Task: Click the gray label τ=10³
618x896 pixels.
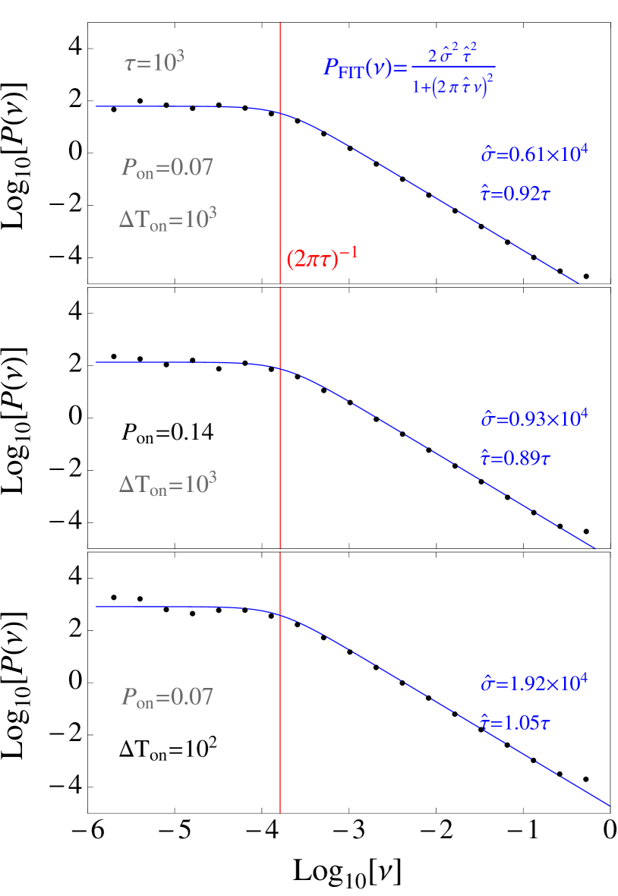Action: coord(154,63)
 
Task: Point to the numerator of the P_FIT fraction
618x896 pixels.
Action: coord(452,55)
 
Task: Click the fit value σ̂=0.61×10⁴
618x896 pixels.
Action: coord(534,154)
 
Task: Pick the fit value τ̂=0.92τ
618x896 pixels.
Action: coord(515,194)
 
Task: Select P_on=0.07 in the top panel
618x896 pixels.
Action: coord(167,167)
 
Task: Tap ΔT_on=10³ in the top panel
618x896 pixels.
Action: coord(168,220)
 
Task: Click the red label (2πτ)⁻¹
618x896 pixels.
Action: coord(322,258)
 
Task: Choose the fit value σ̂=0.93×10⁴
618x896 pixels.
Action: coord(534,418)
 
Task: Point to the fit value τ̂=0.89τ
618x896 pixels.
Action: coord(514,458)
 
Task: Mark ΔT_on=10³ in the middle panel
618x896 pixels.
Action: coord(168,484)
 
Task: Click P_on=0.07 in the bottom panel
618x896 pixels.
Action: coord(167,697)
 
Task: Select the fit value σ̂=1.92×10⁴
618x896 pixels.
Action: coord(534,683)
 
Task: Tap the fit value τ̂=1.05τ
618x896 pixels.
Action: coord(515,723)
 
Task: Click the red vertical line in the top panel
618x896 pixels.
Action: coord(281,190)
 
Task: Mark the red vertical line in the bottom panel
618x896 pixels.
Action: coord(280,721)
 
